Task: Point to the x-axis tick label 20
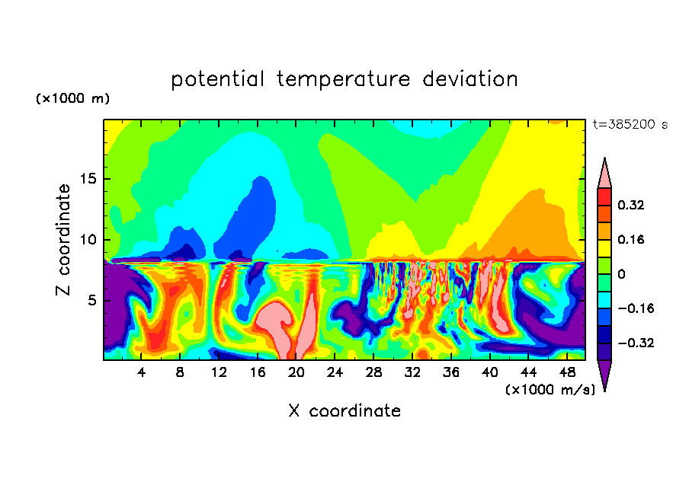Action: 296,372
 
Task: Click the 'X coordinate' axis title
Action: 344,411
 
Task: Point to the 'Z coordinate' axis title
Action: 64,240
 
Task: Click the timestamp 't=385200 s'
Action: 630,124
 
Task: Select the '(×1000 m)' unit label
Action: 72,99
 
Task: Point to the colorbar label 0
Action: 622,274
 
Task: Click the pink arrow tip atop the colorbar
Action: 604,174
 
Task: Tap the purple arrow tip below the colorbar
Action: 604,375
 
